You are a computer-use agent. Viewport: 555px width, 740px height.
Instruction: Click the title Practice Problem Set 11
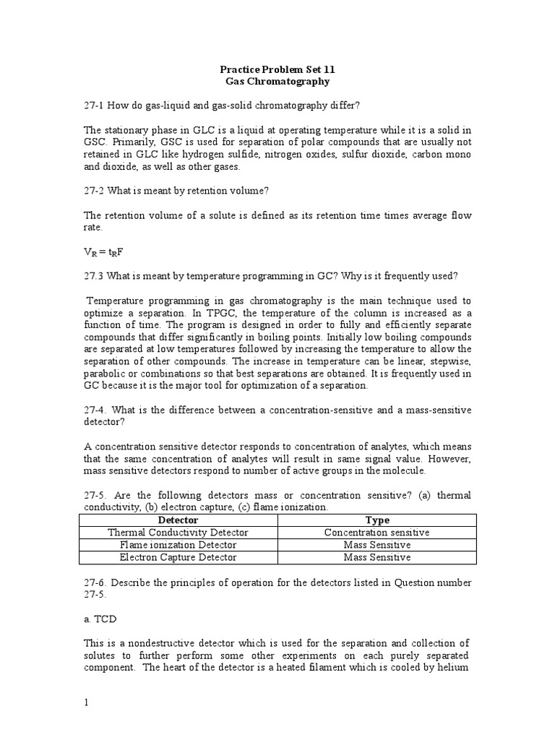(x=277, y=70)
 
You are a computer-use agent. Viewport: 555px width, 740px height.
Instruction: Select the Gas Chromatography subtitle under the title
(x=277, y=82)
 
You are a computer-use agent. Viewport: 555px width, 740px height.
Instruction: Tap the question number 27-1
(x=95, y=106)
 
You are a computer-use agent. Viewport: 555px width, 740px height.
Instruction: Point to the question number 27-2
(x=95, y=191)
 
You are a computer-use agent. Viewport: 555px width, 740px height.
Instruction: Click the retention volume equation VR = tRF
(x=107, y=252)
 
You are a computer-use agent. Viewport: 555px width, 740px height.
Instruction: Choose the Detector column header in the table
(x=178, y=520)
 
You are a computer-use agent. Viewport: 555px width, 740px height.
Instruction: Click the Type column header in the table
(x=377, y=520)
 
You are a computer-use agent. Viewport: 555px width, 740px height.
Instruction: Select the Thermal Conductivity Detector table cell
(x=178, y=533)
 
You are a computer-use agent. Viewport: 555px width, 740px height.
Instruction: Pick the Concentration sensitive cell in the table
(x=377, y=533)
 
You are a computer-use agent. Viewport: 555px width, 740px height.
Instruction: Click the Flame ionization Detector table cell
(x=178, y=545)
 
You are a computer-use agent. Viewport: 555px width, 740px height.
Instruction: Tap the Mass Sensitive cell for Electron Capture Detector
(x=377, y=557)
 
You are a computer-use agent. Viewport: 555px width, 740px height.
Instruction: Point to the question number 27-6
(x=95, y=582)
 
